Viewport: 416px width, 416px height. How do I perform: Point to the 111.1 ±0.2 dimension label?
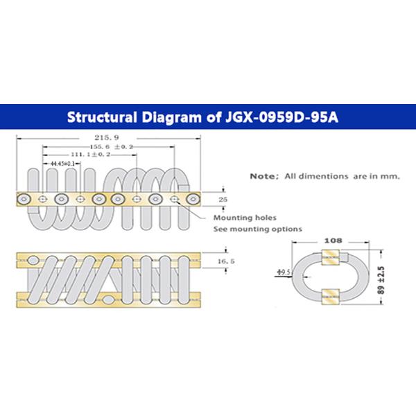point(92,155)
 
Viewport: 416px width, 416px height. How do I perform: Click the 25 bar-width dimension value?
point(224,199)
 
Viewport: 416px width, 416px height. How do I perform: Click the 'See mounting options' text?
point(257,228)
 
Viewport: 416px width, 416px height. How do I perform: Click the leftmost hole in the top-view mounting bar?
point(24,199)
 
